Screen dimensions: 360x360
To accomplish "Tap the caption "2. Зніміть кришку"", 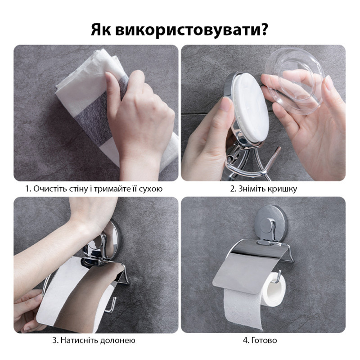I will [263, 189].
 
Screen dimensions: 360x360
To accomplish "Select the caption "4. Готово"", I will [263, 340].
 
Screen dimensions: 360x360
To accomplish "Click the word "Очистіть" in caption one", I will [49, 189].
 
